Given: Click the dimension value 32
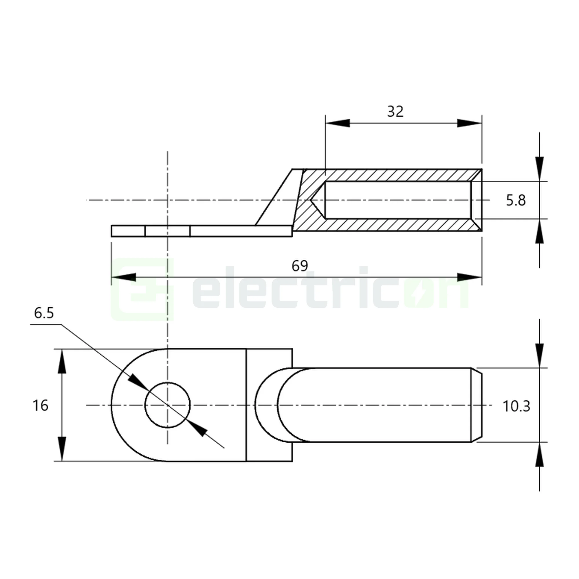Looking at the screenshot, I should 395,112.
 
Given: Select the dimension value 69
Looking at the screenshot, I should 299,266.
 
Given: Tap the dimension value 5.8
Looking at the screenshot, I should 516,200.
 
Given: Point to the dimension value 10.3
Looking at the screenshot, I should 516,406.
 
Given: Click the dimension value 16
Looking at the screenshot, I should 40,406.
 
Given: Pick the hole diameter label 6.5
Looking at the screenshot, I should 44,313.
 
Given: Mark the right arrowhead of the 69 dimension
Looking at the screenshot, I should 470,277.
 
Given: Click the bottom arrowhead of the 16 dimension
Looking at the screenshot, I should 62,449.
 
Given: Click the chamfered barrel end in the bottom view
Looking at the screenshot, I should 477,405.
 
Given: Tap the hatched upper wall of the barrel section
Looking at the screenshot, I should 390,175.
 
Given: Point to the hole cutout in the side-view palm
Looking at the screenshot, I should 168,231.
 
